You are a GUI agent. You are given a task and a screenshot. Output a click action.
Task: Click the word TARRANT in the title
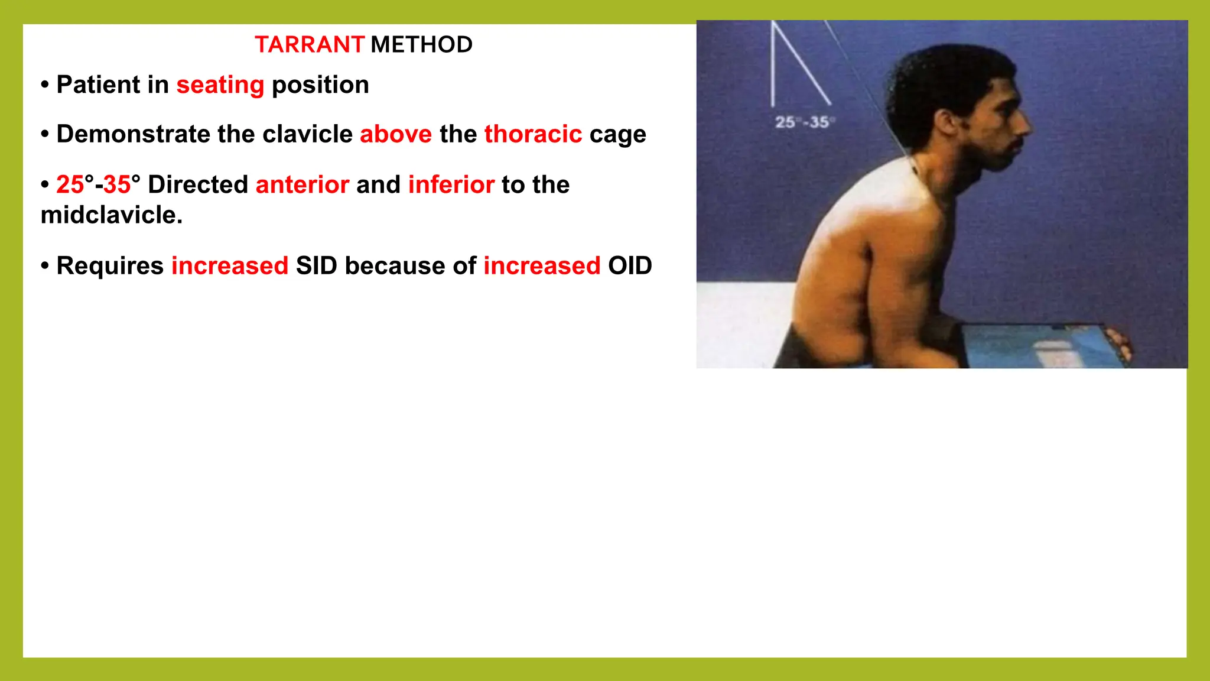pyautogui.click(x=309, y=45)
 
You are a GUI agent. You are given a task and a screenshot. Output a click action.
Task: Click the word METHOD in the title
pyautogui.click(x=421, y=45)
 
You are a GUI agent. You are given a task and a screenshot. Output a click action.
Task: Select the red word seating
pyautogui.click(x=220, y=85)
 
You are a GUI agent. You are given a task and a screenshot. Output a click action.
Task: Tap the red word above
pyautogui.click(x=396, y=134)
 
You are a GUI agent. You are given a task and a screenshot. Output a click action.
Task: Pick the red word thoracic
pyautogui.click(x=533, y=134)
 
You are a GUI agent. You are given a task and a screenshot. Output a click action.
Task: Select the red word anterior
pyautogui.click(x=302, y=184)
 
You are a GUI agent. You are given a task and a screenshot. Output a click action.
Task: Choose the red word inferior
pyautogui.click(x=451, y=184)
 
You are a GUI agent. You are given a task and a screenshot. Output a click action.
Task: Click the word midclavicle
pyautogui.click(x=111, y=215)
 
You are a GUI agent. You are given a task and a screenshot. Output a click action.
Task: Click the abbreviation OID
pyautogui.click(x=630, y=266)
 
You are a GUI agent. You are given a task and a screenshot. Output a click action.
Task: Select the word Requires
pyautogui.click(x=110, y=266)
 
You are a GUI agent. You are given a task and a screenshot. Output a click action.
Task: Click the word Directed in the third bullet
pyautogui.click(x=198, y=184)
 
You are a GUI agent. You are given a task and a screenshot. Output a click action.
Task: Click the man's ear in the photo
pyautogui.click(x=947, y=122)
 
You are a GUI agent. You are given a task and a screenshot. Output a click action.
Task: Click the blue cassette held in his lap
pyautogui.click(x=1040, y=346)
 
